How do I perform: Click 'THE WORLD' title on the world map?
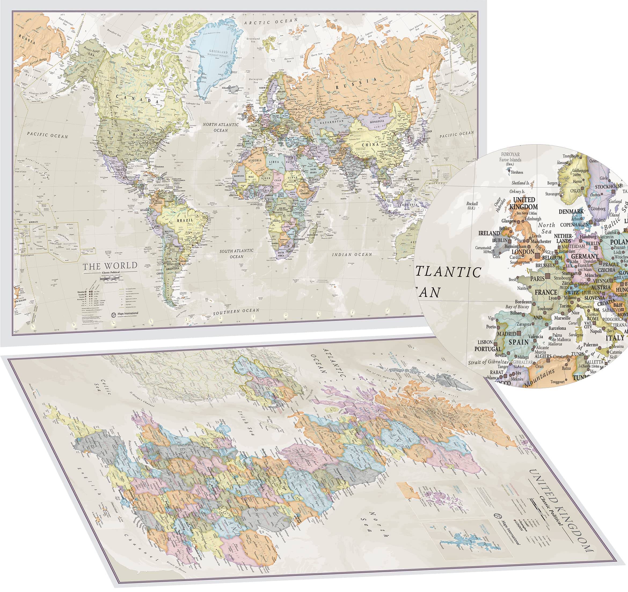click(110, 266)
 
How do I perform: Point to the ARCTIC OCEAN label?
click(271, 21)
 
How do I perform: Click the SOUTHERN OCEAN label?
click(236, 312)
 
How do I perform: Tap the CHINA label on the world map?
click(370, 145)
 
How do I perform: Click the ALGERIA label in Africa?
click(255, 160)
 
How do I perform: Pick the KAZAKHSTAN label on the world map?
click(331, 121)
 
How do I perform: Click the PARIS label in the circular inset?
click(537, 279)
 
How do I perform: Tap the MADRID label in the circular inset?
click(507, 334)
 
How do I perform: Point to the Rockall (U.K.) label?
click(472, 205)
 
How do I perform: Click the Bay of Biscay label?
click(517, 306)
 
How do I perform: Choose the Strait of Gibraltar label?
click(488, 362)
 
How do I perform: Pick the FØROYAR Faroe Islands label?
click(510, 157)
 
